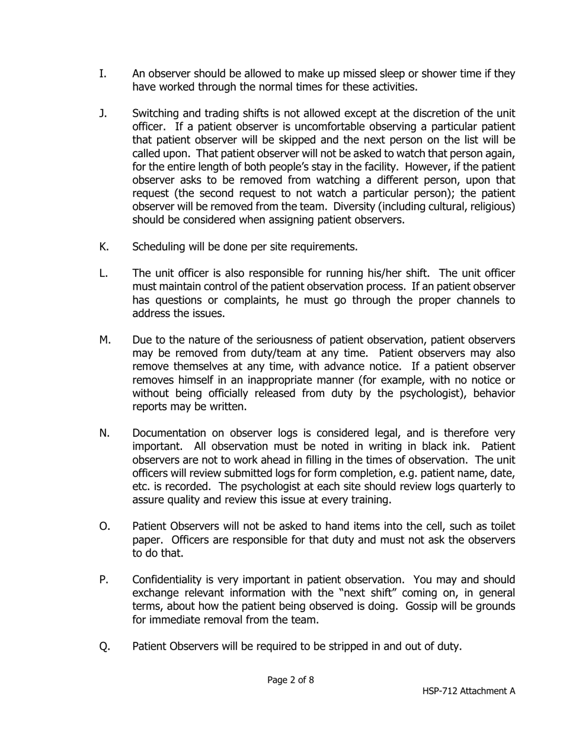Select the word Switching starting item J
click(159, 113)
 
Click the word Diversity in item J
click(356, 207)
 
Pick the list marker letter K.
click(103, 247)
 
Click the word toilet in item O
click(499, 526)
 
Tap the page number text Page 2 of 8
click(290, 680)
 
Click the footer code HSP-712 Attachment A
click(468, 691)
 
